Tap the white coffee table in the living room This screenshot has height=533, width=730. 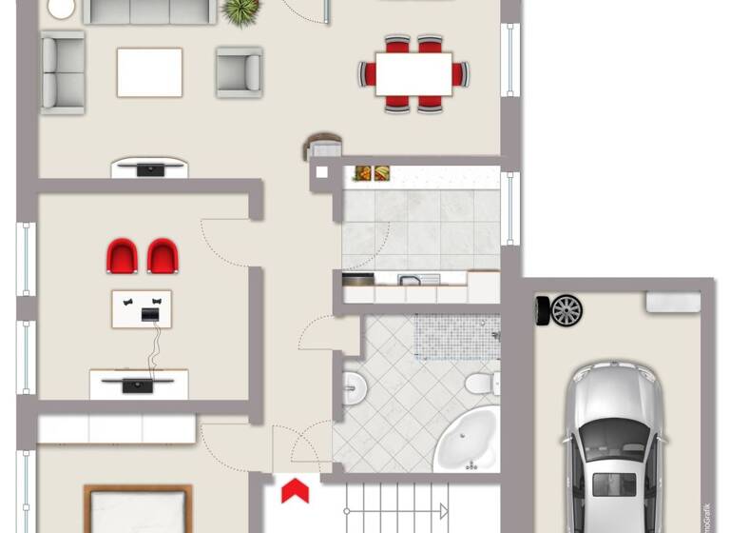(x=149, y=72)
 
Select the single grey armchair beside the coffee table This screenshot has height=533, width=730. (x=239, y=72)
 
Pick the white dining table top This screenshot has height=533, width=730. (x=413, y=73)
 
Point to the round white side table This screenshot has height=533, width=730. (x=61, y=8)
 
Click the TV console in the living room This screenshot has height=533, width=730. (x=149, y=169)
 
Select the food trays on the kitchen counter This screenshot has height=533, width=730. (x=372, y=172)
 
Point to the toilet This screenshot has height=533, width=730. (x=478, y=384)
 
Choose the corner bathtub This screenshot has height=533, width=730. (x=468, y=441)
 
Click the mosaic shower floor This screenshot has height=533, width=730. (x=456, y=337)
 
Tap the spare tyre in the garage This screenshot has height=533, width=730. (x=560, y=310)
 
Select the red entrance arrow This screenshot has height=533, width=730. (x=296, y=491)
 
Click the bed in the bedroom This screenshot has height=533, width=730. (x=138, y=509)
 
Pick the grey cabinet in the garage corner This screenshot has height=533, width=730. (x=673, y=302)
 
